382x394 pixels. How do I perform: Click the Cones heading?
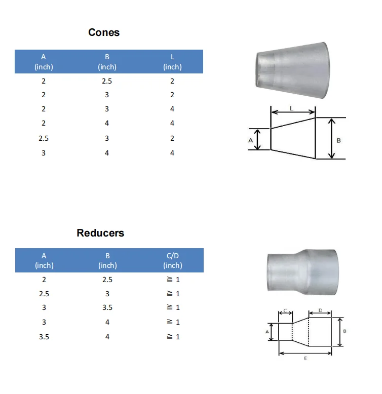point(104,32)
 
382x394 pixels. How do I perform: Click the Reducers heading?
point(100,233)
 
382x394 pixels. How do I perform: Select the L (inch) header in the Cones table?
point(172,62)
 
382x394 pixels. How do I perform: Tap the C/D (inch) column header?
point(172,260)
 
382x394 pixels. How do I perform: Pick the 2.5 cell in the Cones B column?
point(107,81)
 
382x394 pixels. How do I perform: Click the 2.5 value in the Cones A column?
point(44,138)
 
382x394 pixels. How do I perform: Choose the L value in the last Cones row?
point(172,152)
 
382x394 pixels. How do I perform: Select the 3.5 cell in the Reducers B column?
point(107,307)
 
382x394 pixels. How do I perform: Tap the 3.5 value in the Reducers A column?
point(44,336)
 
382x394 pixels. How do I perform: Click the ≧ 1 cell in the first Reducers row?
point(173,280)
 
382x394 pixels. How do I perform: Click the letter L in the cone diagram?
point(291,108)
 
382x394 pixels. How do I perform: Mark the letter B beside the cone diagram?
point(339,140)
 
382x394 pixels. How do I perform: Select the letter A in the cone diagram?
point(250,140)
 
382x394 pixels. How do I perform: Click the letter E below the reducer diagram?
point(305,358)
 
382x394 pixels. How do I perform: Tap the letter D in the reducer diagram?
point(320,310)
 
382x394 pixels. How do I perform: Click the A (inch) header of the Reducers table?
point(44,260)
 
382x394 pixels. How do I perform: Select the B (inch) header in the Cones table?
point(107,62)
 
